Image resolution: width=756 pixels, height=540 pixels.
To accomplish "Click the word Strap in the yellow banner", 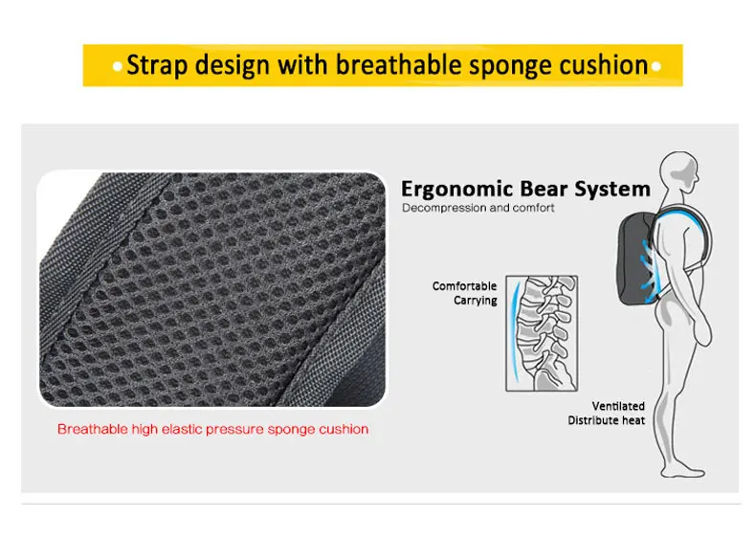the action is pyautogui.click(x=157, y=65).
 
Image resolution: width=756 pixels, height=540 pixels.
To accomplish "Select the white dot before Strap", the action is pyautogui.click(x=117, y=67).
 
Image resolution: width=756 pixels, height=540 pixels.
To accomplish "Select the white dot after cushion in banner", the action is pyautogui.click(x=656, y=67).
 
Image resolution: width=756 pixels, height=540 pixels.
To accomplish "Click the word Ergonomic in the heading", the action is pyautogui.click(x=451, y=190).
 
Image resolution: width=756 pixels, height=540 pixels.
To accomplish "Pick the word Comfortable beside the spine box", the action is pyautogui.click(x=464, y=285).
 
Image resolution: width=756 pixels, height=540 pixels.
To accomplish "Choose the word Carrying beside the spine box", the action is pyautogui.click(x=476, y=301).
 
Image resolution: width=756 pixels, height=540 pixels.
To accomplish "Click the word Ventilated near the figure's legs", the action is pyautogui.click(x=618, y=406).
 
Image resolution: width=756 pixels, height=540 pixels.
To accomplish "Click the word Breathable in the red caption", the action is pyautogui.click(x=93, y=429).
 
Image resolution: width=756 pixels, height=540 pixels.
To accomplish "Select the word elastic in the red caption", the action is pyautogui.click(x=183, y=429).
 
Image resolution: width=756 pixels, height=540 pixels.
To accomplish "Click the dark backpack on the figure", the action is pyautogui.click(x=636, y=259).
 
